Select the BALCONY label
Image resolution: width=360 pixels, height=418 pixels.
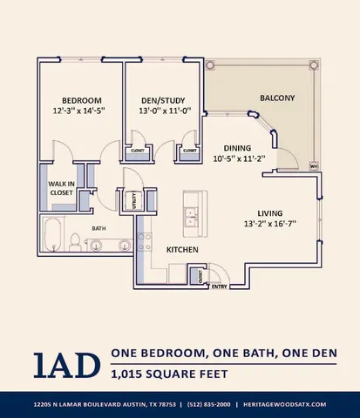277,97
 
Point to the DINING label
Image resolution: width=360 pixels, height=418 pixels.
238,148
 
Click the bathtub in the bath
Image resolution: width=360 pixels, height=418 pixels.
52,235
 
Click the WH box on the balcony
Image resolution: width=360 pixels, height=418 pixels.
313,164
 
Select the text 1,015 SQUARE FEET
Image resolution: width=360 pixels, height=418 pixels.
170,375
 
